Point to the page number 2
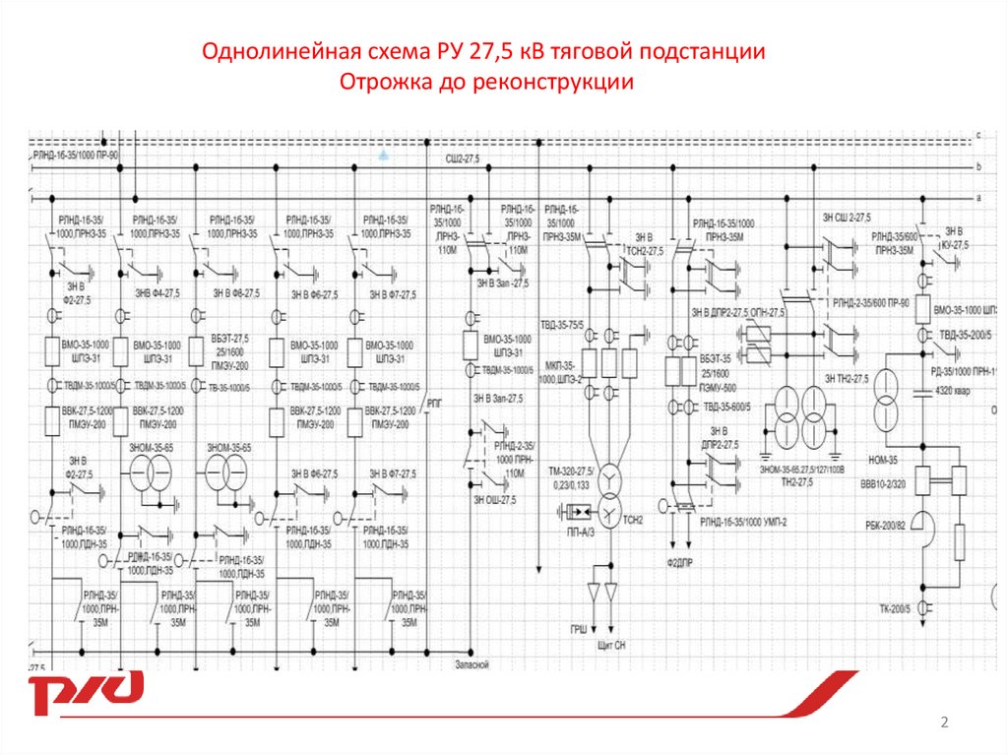[945, 724]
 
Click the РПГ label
[436, 404]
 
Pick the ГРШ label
[581, 628]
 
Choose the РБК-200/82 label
[881, 528]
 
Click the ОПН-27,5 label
[767, 313]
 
